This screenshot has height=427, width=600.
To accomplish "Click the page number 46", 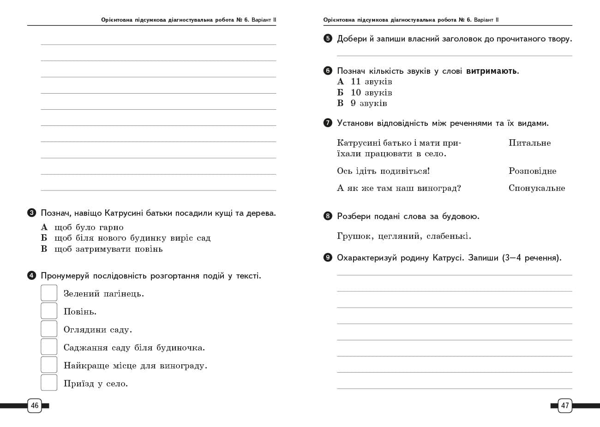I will [x=35, y=406].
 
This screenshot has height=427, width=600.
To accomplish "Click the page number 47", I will [x=565, y=406].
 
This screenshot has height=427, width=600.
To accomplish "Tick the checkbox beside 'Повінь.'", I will [x=49, y=311].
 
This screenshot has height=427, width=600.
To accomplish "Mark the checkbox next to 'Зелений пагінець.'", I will [x=49, y=293].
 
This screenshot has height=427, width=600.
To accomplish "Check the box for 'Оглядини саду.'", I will [x=49, y=329].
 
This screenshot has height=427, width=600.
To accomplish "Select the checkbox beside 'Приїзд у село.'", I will [x=49, y=383].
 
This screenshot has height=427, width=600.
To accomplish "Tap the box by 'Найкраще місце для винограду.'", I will [x=49, y=365].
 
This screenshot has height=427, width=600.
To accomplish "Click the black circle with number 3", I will [x=31, y=213].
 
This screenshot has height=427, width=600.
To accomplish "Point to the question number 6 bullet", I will [x=328, y=71].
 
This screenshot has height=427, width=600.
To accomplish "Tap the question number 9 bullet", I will [x=328, y=258].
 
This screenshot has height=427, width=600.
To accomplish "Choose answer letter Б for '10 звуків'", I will [x=341, y=92].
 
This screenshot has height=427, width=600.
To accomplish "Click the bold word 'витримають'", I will [x=492, y=71].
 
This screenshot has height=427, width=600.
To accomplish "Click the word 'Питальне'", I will [x=529, y=143].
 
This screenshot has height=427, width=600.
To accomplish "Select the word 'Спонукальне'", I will [x=537, y=188].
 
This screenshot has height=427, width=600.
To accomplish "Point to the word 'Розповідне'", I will [x=532, y=171].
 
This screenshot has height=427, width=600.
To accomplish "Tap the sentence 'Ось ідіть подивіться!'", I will [x=383, y=171].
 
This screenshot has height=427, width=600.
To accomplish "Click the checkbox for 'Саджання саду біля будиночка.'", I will [x=49, y=347].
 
